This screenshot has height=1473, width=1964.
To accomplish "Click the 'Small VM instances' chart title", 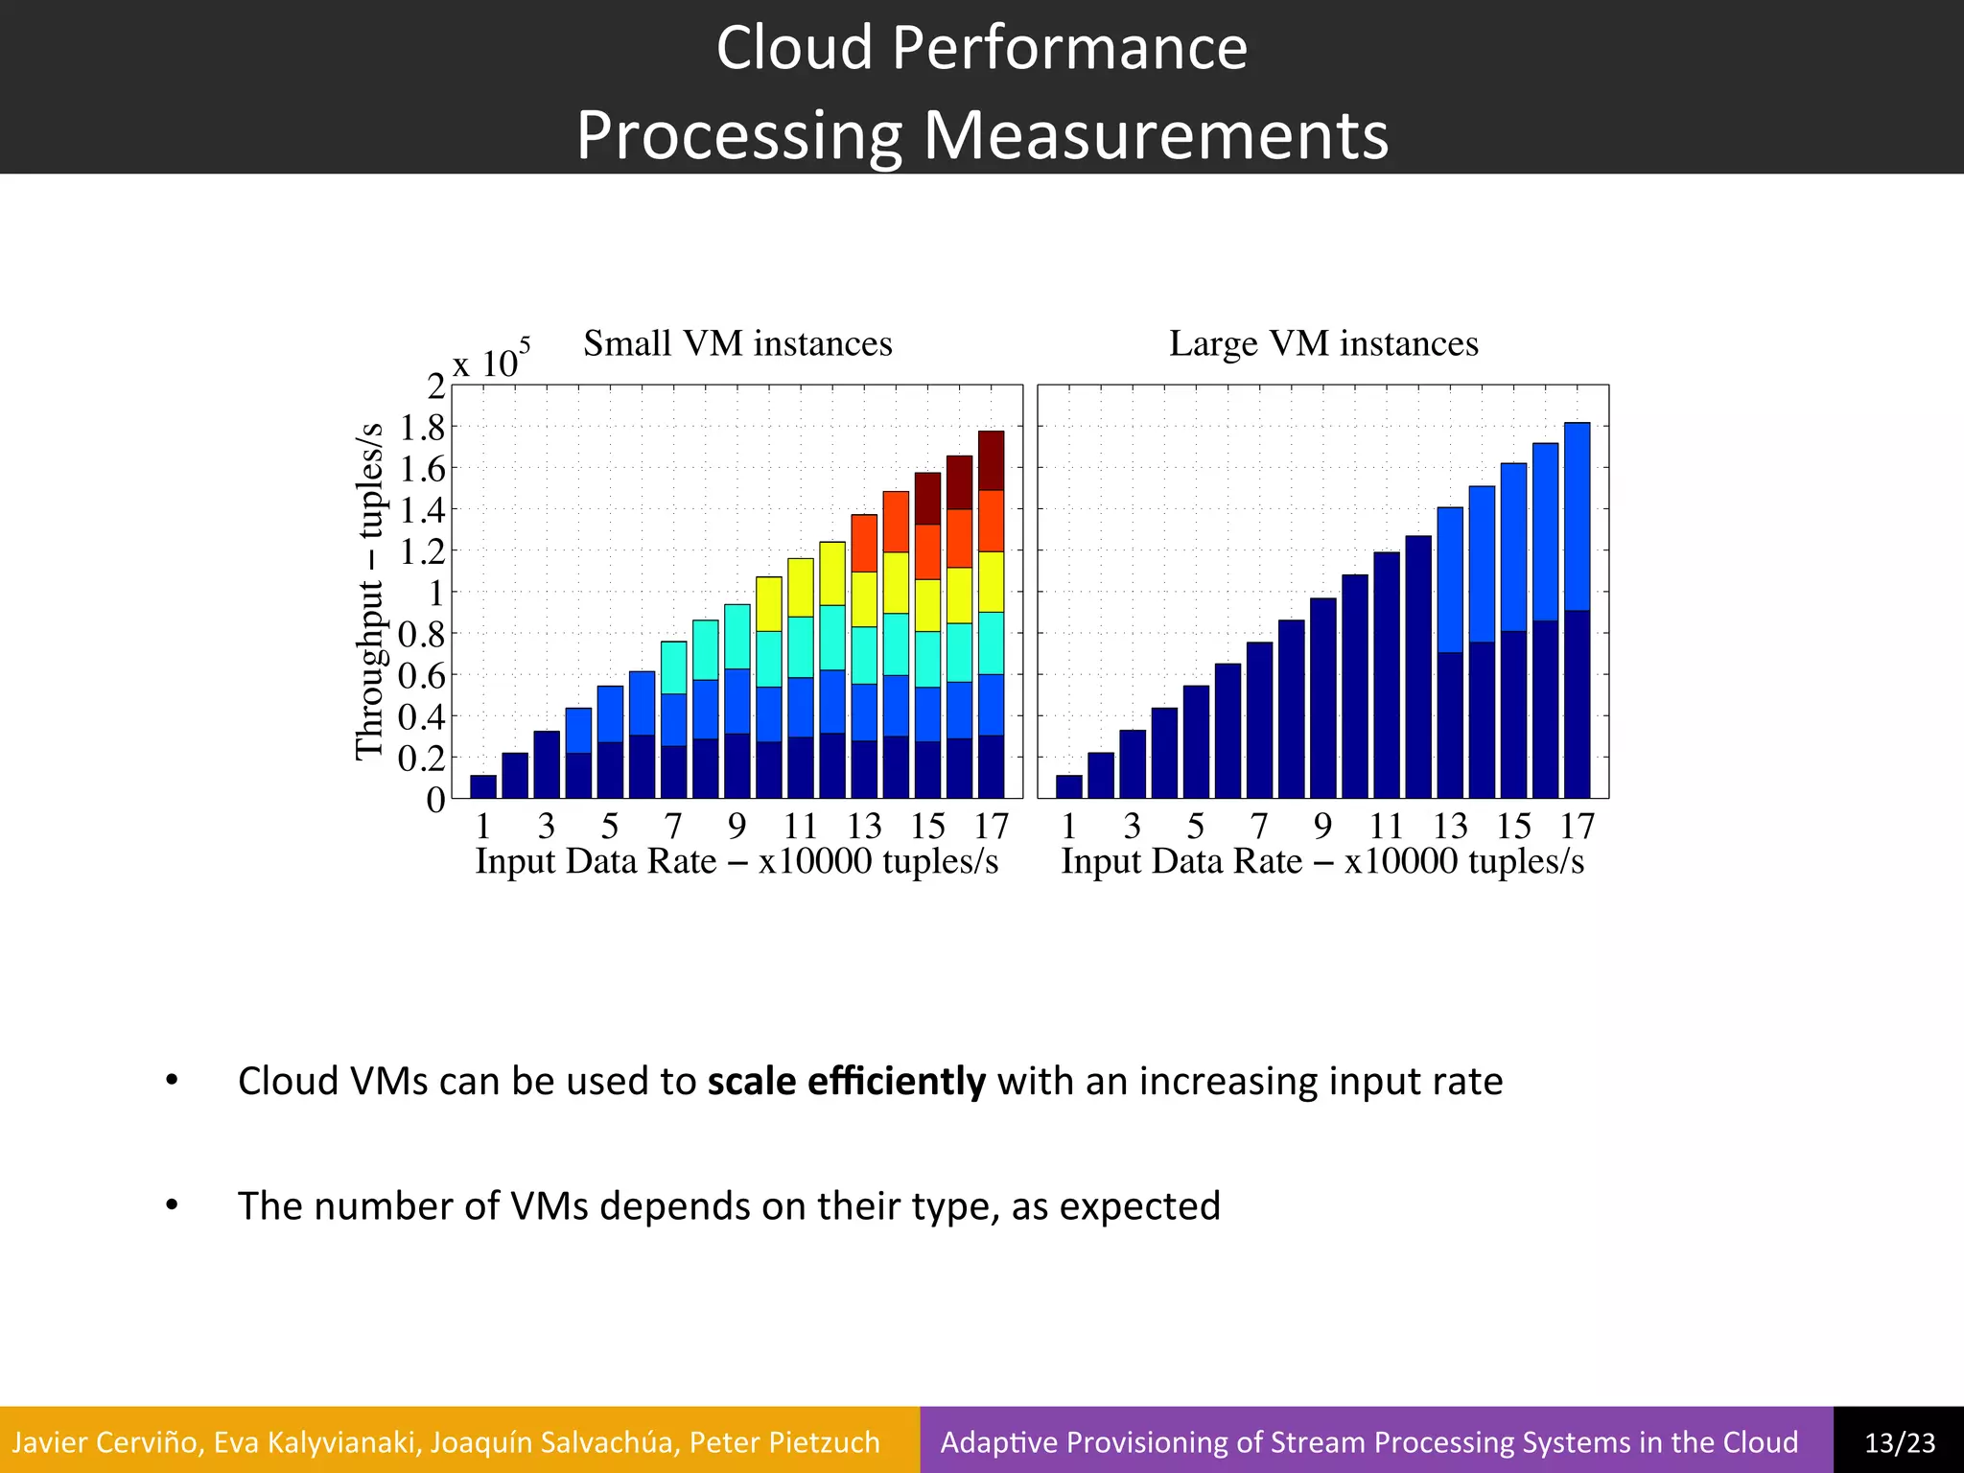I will (737, 343).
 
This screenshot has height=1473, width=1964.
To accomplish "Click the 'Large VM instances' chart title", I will (1323, 343).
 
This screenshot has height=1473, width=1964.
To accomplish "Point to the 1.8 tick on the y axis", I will (423, 428).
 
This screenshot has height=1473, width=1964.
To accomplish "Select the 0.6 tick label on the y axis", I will (423, 676).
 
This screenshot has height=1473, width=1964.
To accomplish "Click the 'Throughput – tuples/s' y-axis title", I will (369, 591).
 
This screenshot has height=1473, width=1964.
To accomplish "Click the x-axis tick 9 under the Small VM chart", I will (736, 826).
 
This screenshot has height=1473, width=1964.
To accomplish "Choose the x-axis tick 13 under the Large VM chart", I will (1450, 826).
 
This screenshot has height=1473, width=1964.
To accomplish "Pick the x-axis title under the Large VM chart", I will (1322, 861).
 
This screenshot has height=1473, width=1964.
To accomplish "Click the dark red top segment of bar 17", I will (991, 460).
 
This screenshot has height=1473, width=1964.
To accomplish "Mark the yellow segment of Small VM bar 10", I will (769, 604).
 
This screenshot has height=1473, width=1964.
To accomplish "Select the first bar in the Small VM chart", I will (483, 786).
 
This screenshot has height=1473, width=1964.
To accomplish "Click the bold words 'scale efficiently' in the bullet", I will (846, 1082).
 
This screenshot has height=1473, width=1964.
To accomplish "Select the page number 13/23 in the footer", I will (1899, 1442).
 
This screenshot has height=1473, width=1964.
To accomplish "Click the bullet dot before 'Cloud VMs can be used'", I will (172, 1081).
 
